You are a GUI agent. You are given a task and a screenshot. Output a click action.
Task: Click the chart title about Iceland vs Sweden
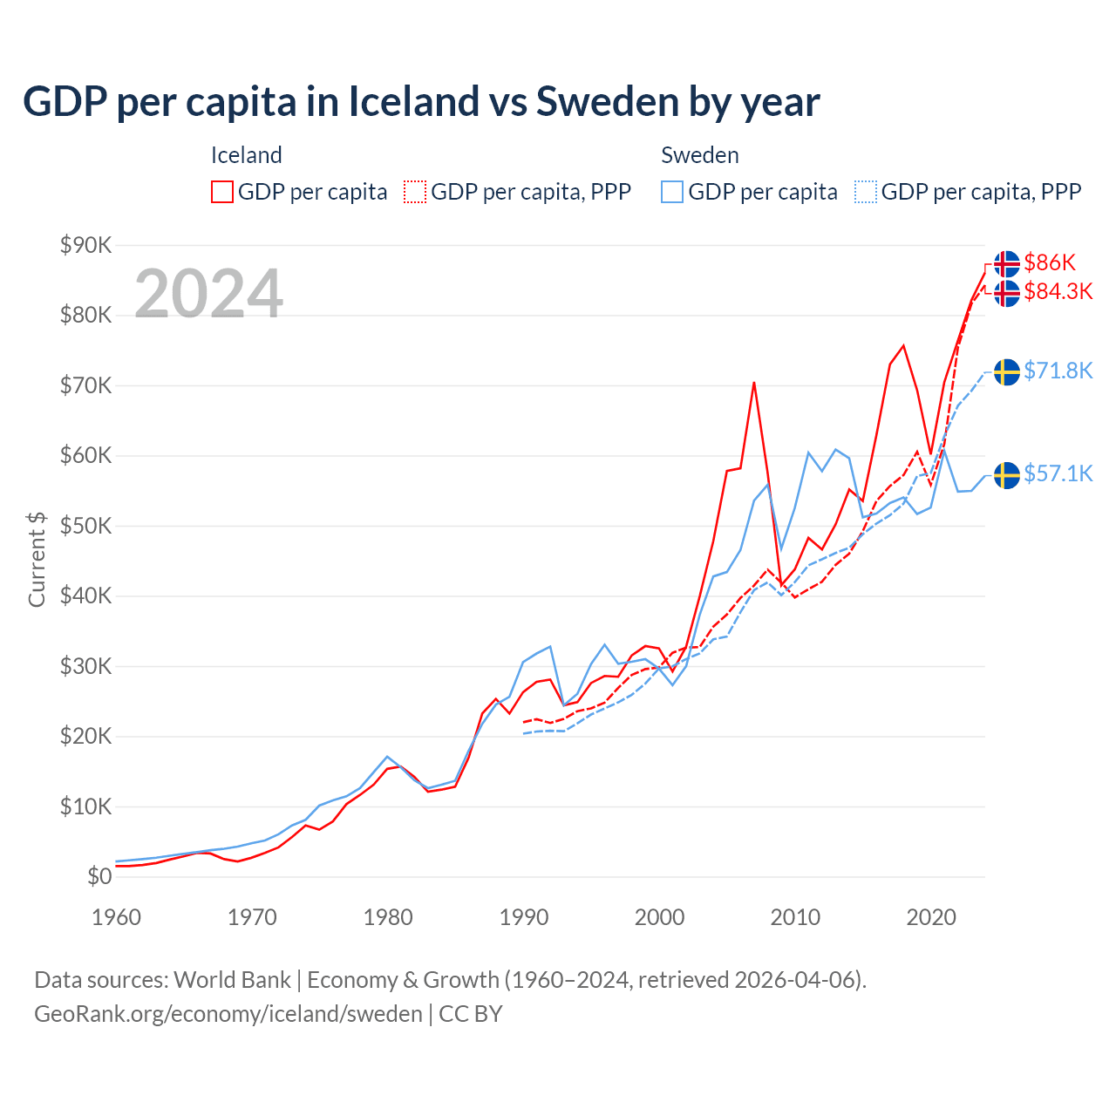pos(421,102)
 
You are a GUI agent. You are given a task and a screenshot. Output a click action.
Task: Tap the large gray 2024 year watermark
pos(208,294)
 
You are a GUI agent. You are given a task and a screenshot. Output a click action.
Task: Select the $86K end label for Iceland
pos(1050,262)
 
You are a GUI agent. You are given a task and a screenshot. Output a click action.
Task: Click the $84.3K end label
pos(1058,291)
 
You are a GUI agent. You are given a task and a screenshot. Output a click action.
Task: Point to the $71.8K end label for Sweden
pos(1058,371)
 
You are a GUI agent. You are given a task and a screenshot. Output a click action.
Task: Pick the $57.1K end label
pos(1058,473)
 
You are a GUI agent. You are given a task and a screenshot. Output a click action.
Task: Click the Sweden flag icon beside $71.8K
pos(1007,371)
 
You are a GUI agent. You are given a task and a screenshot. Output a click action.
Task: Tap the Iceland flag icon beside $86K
pos(1007,263)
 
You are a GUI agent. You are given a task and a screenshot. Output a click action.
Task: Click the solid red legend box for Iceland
pos(222,192)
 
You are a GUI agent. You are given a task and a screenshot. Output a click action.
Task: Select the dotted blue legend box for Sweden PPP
pos(866,192)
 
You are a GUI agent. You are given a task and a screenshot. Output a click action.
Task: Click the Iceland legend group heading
pos(247,155)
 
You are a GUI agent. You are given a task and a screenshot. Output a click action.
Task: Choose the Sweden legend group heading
pos(700,155)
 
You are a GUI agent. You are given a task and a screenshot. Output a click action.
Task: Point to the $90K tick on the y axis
pos(85,245)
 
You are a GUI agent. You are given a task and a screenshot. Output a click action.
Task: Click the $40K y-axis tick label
pos(85,596)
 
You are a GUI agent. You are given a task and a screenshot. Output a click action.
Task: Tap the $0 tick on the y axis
pos(99,877)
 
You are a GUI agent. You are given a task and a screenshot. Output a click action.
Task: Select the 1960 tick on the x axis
pos(117,917)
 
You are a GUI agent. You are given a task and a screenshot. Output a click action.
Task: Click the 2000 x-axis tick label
pos(660,917)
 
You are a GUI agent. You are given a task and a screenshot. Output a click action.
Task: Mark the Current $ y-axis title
pos(37,560)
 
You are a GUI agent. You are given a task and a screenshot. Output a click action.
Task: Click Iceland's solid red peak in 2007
pos(754,383)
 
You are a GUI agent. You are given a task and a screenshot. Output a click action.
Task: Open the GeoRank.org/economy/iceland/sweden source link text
pos(228,1014)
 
